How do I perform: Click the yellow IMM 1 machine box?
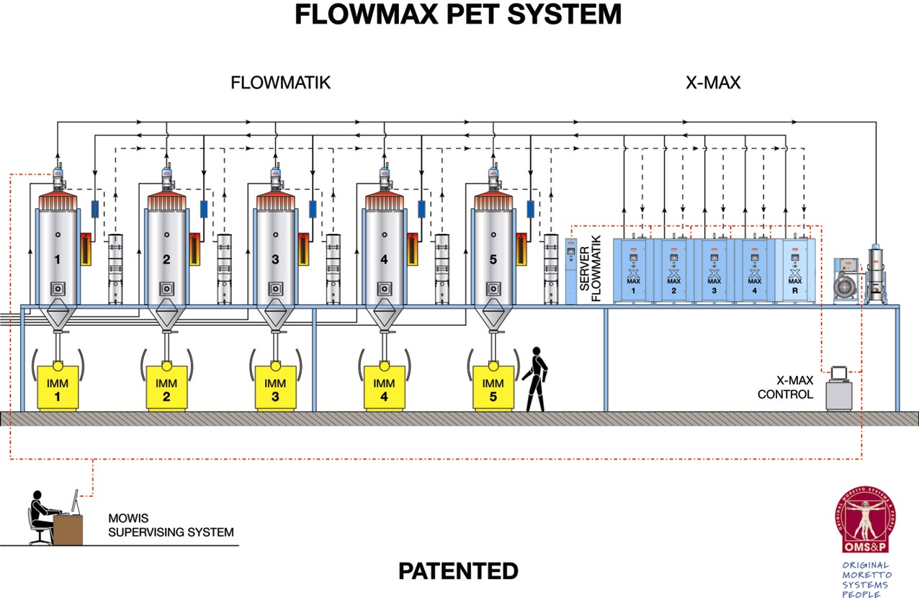coord(58,388)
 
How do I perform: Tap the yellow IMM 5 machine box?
coord(493,388)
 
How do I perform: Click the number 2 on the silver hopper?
coord(166,260)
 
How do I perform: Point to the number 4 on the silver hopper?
coord(384,260)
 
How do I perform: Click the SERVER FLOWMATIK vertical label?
coord(590,270)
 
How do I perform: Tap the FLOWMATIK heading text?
coord(280,83)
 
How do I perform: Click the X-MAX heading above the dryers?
coord(713,83)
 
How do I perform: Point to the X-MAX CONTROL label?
coord(785,388)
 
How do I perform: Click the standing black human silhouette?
coord(535,379)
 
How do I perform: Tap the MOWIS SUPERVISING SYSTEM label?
coord(170,525)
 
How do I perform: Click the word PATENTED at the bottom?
coord(458,571)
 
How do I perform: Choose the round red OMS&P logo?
coord(866,522)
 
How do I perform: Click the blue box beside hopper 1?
coord(95,210)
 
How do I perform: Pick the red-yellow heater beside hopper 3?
coord(303,249)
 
